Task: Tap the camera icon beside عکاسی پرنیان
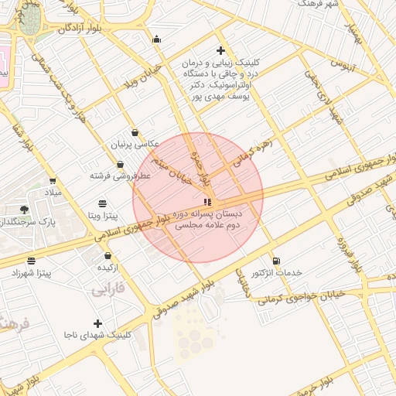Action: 135,132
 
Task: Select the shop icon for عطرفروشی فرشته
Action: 121,164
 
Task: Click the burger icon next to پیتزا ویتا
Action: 103,203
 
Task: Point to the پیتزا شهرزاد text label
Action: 31,273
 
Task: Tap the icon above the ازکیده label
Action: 108,255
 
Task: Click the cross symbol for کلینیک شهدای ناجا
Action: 97,323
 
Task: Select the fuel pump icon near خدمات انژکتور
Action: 276,260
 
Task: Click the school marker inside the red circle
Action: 207,203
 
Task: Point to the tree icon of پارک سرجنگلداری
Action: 25,209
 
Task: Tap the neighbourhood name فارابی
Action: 108,290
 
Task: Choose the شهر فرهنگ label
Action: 322,5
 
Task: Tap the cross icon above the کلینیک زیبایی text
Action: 220,49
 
